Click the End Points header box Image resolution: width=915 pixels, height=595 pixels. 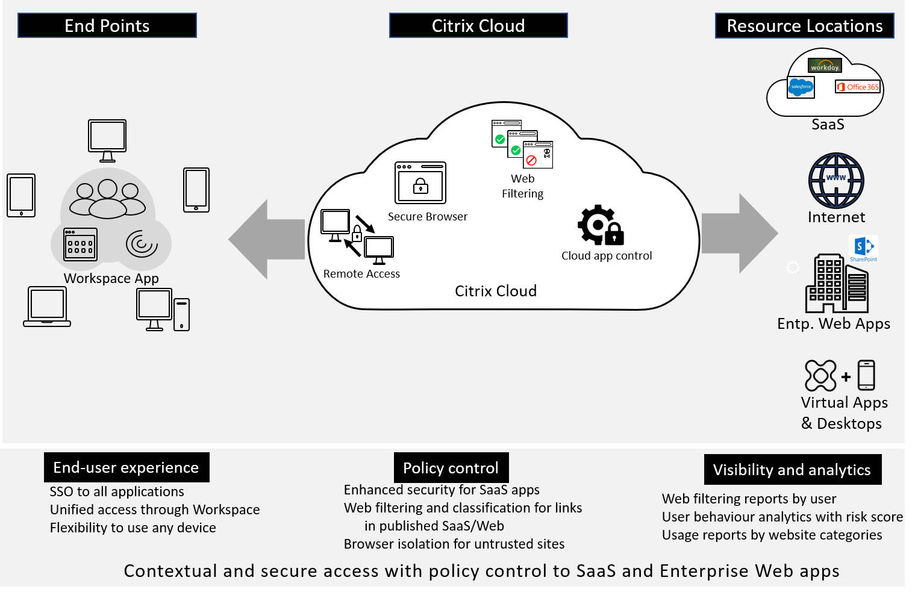click(x=107, y=26)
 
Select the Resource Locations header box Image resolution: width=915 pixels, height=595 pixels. click(x=804, y=26)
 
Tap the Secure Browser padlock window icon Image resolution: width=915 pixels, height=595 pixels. click(x=420, y=183)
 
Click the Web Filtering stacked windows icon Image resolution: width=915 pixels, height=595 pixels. click(x=522, y=145)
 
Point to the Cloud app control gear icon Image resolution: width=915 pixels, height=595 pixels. click(x=600, y=225)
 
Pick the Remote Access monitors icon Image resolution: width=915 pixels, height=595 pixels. click(x=357, y=237)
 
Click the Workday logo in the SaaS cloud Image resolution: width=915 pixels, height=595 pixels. click(x=825, y=66)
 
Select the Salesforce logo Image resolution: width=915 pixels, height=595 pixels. click(x=801, y=87)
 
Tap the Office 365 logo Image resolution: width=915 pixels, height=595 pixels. click(x=858, y=87)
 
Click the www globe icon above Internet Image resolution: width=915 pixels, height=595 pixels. click(x=836, y=181)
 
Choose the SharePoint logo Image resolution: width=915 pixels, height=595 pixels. click(x=863, y=249)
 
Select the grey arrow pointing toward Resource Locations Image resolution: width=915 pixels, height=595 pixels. click(x=740, y=234)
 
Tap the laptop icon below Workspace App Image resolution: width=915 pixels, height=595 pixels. click(x=47, y=307)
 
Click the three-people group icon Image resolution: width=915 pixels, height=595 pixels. click(x=107, y=199)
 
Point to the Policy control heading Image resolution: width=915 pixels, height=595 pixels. click(x=451, y=468)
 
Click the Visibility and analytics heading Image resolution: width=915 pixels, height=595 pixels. click(x=792, y=470)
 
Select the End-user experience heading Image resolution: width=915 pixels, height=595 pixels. click(x=126, y=467)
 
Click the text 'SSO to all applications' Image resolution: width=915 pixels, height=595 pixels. click(x=117, y=491)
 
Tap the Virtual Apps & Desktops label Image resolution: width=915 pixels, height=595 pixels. click(x=843, y=413)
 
